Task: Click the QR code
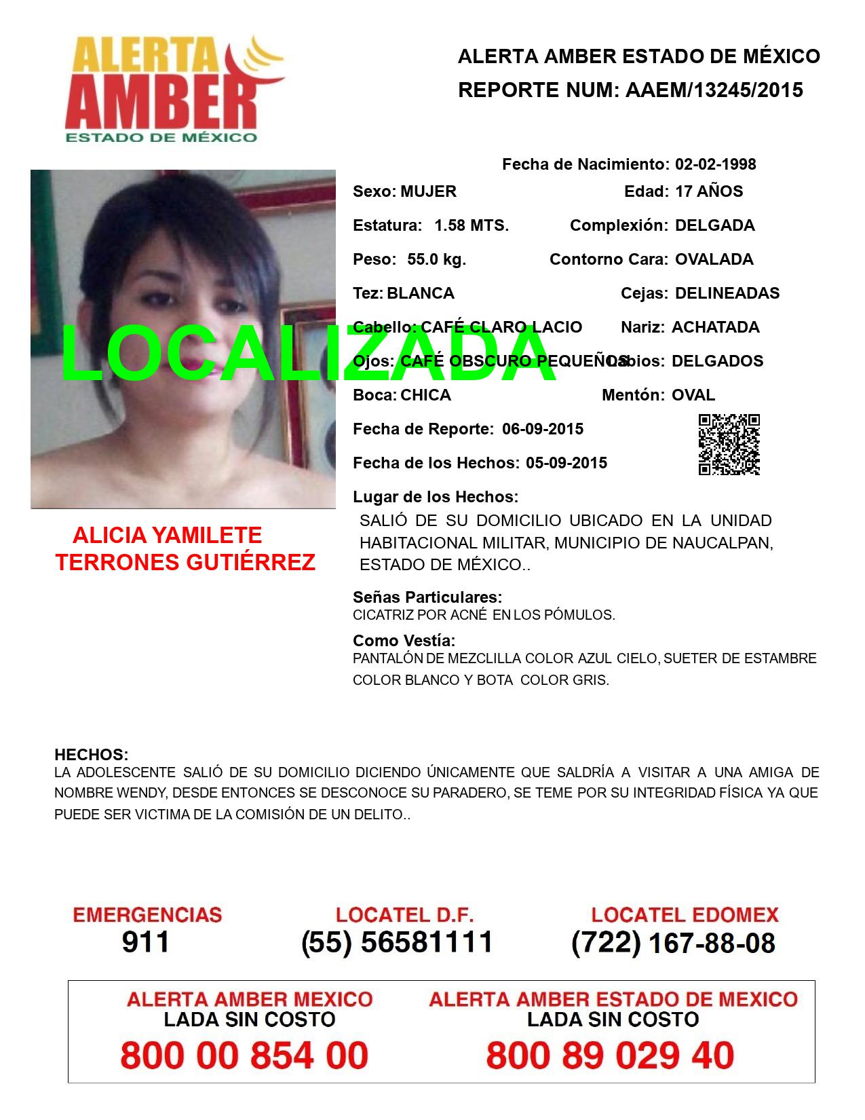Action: pos(729,445)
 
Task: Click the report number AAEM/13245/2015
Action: pos(714,90)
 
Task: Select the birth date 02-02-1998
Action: pos(715,164)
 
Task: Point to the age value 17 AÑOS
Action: pos(708,191)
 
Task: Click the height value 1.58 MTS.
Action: pos(472,225)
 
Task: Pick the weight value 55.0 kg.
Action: pos(436,259)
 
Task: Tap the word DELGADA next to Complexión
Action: pos(714,225)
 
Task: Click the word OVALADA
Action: pos(714,259)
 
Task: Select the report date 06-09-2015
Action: pos(543,429)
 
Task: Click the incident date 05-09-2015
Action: pos(566,463)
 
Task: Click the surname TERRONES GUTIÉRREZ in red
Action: pos(185,562)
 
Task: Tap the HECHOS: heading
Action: pos(91,755)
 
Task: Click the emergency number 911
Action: pos(146,942)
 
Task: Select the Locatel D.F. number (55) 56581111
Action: pos(397,942)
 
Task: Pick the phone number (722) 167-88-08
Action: pos(673,942)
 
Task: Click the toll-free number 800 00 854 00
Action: pos(244,1056)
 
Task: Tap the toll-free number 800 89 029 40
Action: pos(610,1056)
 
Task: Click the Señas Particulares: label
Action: pos(427,597)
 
